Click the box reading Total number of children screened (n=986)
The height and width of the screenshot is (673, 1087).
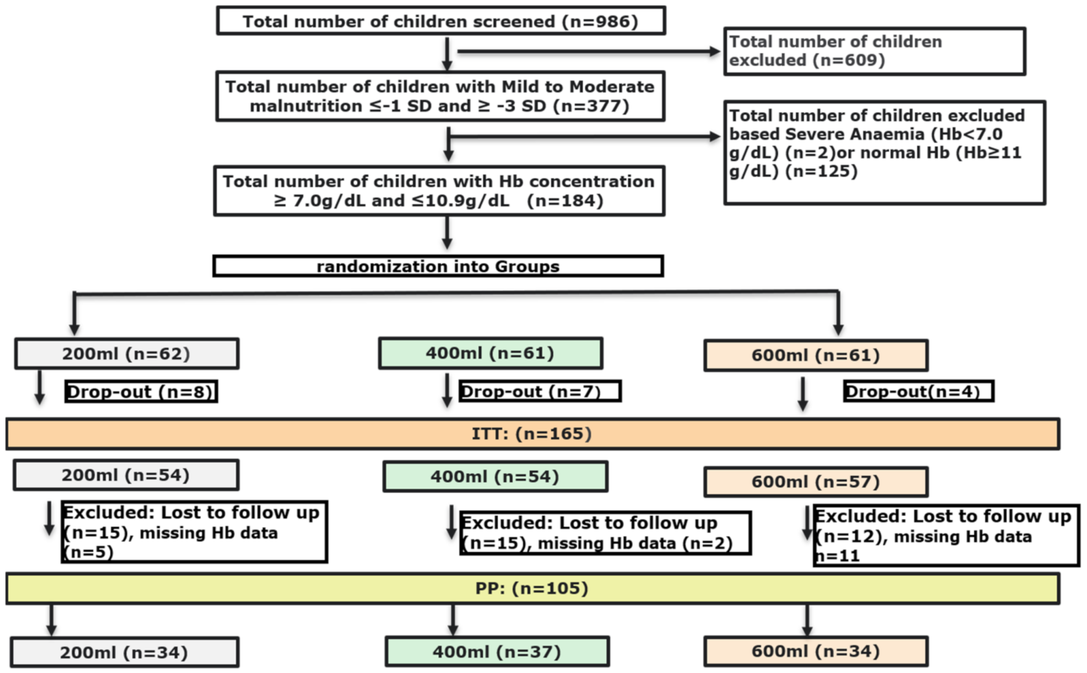click(440, 21)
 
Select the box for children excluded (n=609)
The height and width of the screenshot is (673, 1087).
click(874, 51)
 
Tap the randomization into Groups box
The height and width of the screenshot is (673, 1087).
click(438, 266)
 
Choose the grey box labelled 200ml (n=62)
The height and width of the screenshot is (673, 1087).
click(126, 354)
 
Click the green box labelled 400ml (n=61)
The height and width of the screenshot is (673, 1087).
click(490, 353)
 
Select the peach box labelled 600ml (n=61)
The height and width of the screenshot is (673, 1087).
click(816, 355)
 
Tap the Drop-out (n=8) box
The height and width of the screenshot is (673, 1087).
click(141, 392)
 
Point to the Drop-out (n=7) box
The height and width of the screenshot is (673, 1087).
click(539, 391)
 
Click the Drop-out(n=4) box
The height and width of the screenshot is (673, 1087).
click(918, 391)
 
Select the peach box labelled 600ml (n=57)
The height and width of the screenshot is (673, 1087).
click(816, 482)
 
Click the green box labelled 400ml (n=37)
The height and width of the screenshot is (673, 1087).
click(497, 652)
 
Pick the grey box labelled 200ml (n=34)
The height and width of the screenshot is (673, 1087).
click(124, 653)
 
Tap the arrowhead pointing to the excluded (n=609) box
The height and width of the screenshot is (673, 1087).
click(715, 52)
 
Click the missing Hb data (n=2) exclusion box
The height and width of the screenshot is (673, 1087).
click(605, 533)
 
